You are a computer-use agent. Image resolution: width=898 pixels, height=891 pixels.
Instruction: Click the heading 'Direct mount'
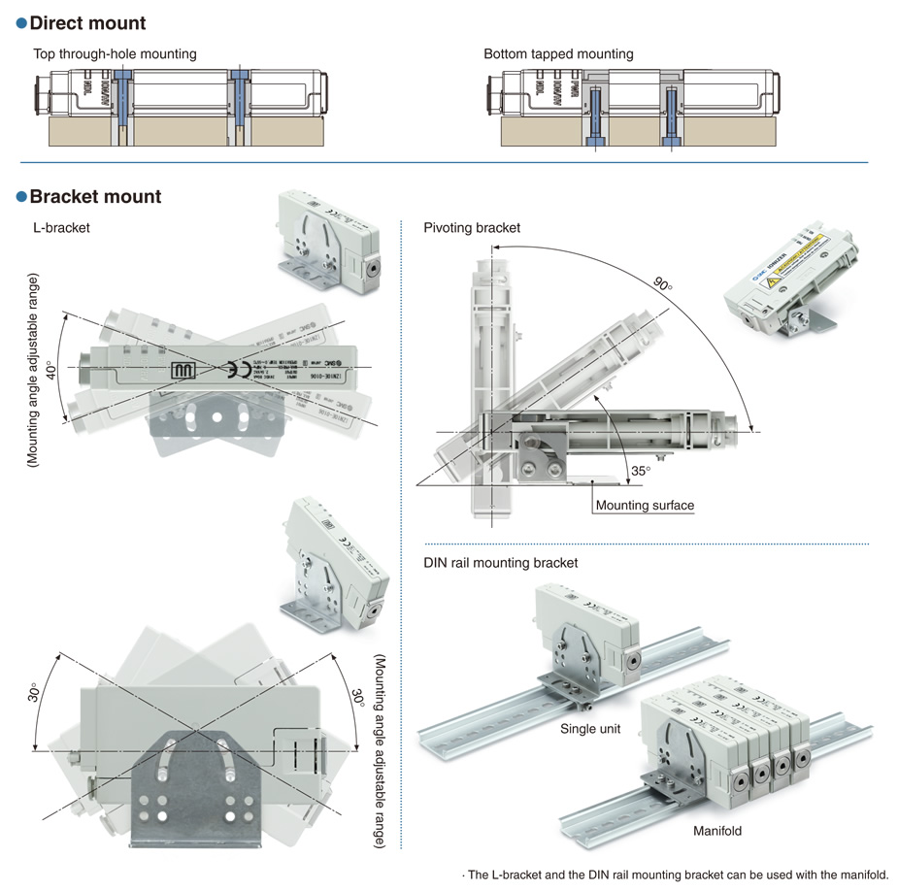pos(87,23)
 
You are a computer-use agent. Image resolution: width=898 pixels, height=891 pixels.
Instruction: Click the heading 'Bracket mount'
pos(95,197)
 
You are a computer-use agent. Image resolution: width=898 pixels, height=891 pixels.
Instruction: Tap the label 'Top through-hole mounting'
pos(115,54)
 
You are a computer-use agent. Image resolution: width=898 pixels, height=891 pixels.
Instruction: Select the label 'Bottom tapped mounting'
pos(558,54)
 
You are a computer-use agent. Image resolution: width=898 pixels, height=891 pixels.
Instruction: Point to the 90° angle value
pos(663,285)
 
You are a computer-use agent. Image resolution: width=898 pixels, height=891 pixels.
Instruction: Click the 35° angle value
pos(640,471)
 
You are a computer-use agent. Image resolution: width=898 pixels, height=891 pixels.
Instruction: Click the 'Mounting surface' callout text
pos(645,505)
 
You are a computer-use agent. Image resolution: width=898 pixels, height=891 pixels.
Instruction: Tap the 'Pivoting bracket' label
pos(472,228)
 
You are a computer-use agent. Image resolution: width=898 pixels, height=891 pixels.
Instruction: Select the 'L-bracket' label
pos(61,228)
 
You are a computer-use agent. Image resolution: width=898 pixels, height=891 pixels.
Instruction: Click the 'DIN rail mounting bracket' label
pos(500,563)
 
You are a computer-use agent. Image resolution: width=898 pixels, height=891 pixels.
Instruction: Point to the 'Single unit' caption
pos(591,728)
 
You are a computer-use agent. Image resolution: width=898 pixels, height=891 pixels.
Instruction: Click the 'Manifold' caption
pos(717,831)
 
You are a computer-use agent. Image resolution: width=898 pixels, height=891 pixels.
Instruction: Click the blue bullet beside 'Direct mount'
pos(21,23)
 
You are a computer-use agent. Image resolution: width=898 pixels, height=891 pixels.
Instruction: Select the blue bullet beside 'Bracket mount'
pos(21,197)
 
